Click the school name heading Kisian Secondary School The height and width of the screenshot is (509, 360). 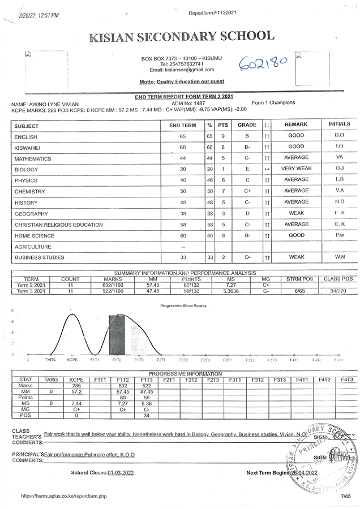tap(181, 37)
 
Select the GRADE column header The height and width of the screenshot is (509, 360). tap(247, 124)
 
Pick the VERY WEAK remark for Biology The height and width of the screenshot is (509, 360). tap(296, 169)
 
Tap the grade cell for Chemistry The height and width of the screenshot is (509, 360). tap(247, 191)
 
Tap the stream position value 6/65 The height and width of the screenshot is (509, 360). tap(292, 291)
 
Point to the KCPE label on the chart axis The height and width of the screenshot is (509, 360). tap(72, 360)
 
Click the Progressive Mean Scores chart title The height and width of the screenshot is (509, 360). tap(183, 306)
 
